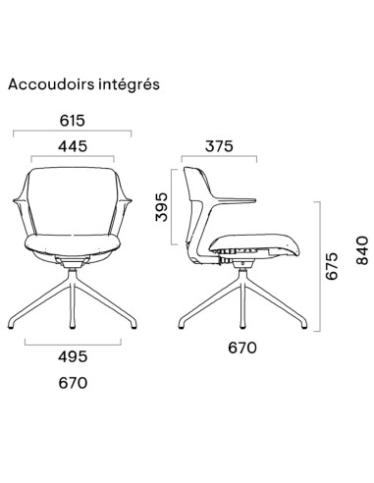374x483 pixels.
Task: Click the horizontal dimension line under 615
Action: [75, 132]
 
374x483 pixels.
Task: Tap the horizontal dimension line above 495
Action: [75, 344]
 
